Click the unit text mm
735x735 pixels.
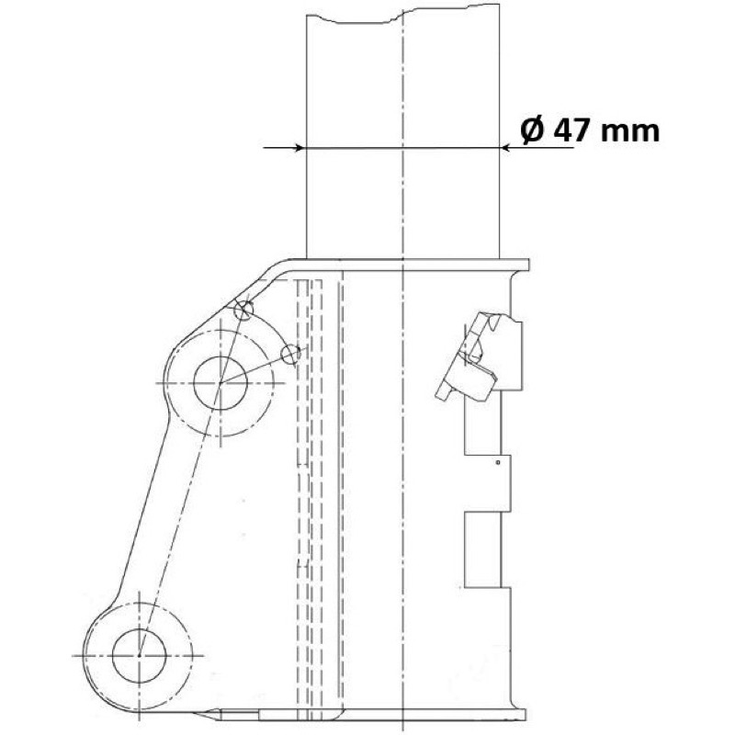(630, 132)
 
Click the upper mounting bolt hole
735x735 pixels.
(220, 383)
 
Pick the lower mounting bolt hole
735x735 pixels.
(140, 655)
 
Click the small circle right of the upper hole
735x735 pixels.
(291, 355)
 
